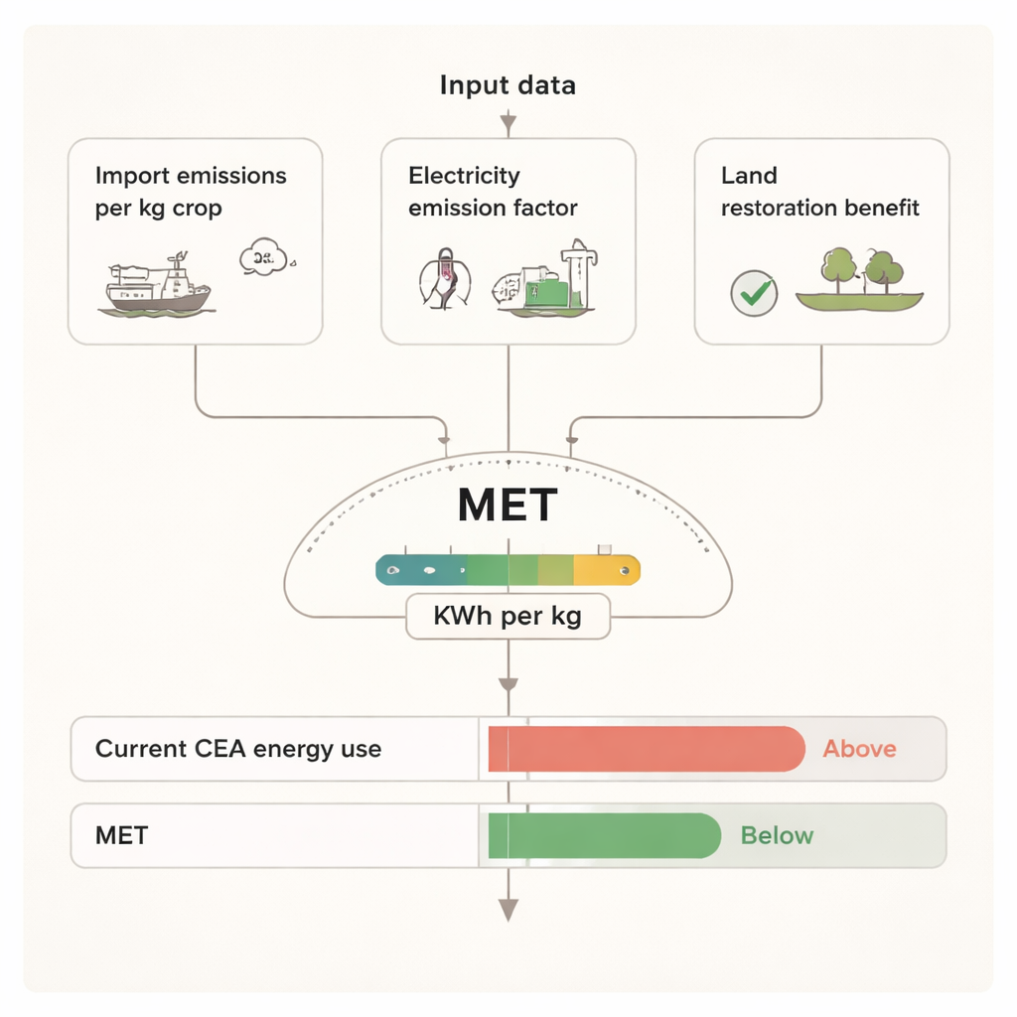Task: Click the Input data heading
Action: [508, 85]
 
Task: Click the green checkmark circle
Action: [754, 293]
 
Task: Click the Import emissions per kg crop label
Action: [191, 192]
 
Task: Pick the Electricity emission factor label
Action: [493, 192]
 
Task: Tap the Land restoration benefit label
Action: [820, 192]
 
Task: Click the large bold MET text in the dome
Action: [508, 506]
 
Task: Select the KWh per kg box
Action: [508, 617]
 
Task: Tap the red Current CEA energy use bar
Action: [646, 749]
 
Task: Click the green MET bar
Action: [604, 835]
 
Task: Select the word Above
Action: [859, 749]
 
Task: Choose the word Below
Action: [777, 835]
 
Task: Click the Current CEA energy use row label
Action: [238, 749]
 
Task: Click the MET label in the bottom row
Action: [122, 835]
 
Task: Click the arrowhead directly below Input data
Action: [508, 124]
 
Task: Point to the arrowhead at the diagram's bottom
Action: [508, 909]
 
